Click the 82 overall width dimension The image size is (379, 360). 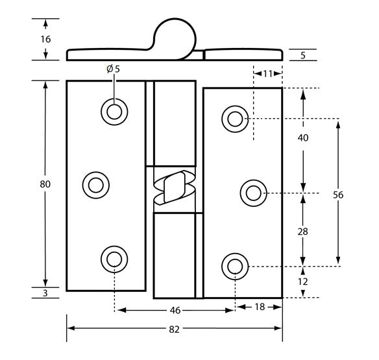coord(174,329)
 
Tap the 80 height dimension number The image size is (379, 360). coord(45,184)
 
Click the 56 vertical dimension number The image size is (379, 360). coord(337,194)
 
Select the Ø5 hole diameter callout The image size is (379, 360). coord(113,69)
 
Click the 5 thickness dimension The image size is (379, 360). coord(303,55)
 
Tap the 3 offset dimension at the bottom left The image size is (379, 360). coord(45,294)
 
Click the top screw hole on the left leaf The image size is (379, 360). coord(114,112)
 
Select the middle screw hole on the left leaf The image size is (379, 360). coord(96,185)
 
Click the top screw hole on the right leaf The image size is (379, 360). coord(234,118)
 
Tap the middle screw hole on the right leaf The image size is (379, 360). coord(252,193)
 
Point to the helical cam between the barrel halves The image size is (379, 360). coord(173,188)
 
